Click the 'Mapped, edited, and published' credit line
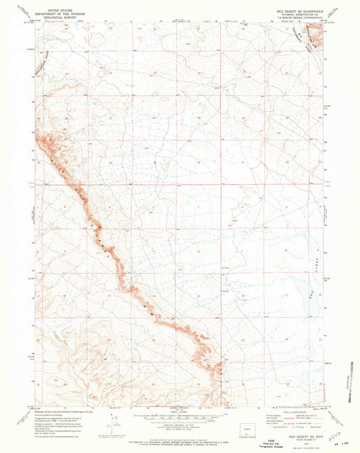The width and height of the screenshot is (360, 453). (57, 410)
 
